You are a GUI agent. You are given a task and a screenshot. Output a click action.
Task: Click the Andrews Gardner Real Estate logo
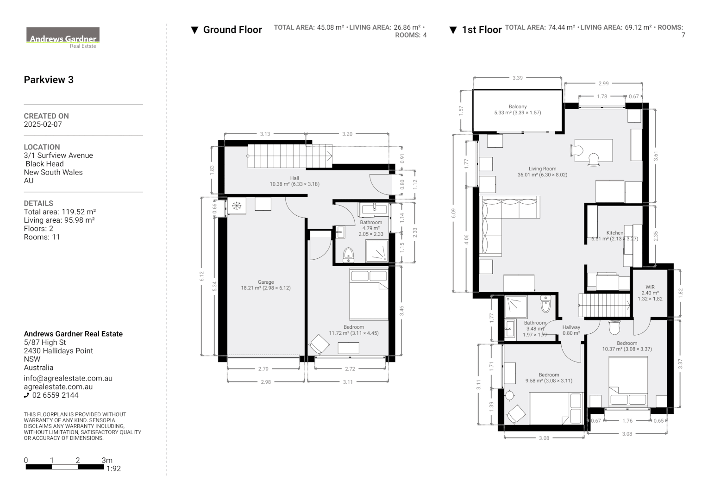pos(63,37)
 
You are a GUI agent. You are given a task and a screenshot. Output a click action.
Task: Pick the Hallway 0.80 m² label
pos(571,330)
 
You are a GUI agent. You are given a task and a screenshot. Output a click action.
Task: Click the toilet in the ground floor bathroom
pos(348,255)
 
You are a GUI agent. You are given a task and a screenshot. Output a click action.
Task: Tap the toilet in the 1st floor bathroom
pos(545,305)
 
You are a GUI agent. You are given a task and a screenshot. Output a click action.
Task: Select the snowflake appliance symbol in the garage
pos(237,206)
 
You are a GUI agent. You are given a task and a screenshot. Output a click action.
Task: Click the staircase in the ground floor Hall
pos(290,156)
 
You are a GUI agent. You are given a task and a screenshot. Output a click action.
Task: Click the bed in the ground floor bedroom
pos(369,294)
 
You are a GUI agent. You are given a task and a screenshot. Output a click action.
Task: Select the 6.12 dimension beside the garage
pos(201,276)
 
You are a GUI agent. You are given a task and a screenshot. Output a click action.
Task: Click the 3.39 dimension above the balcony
pos(517,78)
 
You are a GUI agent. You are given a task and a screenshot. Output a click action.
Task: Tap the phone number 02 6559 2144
pos(55,395)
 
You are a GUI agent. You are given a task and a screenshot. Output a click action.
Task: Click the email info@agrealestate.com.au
pos(68,378)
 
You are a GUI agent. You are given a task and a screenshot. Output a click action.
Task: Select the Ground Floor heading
pos(232,30)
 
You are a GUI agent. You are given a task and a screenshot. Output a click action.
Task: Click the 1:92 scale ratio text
pos(113,469)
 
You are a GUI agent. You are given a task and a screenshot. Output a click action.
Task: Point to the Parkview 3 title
pos(49,80)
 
